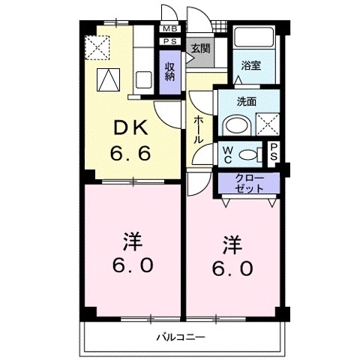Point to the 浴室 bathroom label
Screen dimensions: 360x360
coord(251,66)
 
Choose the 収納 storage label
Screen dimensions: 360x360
coord(169,72)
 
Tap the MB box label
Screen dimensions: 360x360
coord(169,29)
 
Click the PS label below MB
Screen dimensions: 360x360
coord(169,42)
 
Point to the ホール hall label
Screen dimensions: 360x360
coord(199,130)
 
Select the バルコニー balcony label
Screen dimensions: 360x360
coord(180,337)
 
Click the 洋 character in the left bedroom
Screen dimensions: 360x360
coord(132,242)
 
